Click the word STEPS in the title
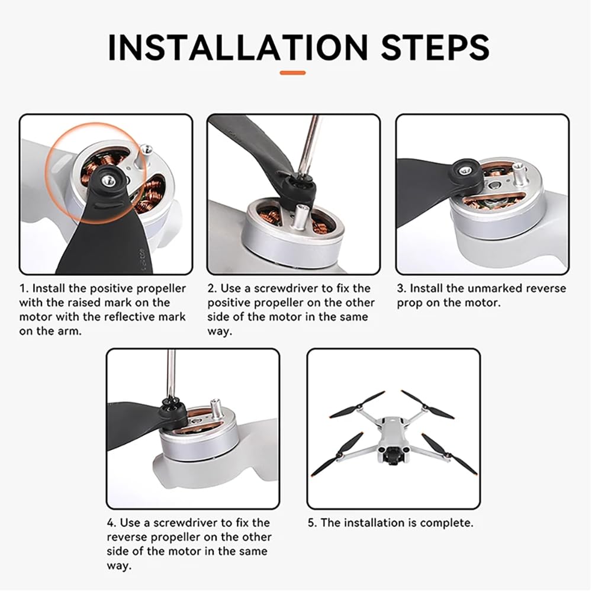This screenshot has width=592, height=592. (435, 47)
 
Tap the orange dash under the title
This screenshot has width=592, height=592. (292, 72)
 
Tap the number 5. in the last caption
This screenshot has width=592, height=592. (313, 523)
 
